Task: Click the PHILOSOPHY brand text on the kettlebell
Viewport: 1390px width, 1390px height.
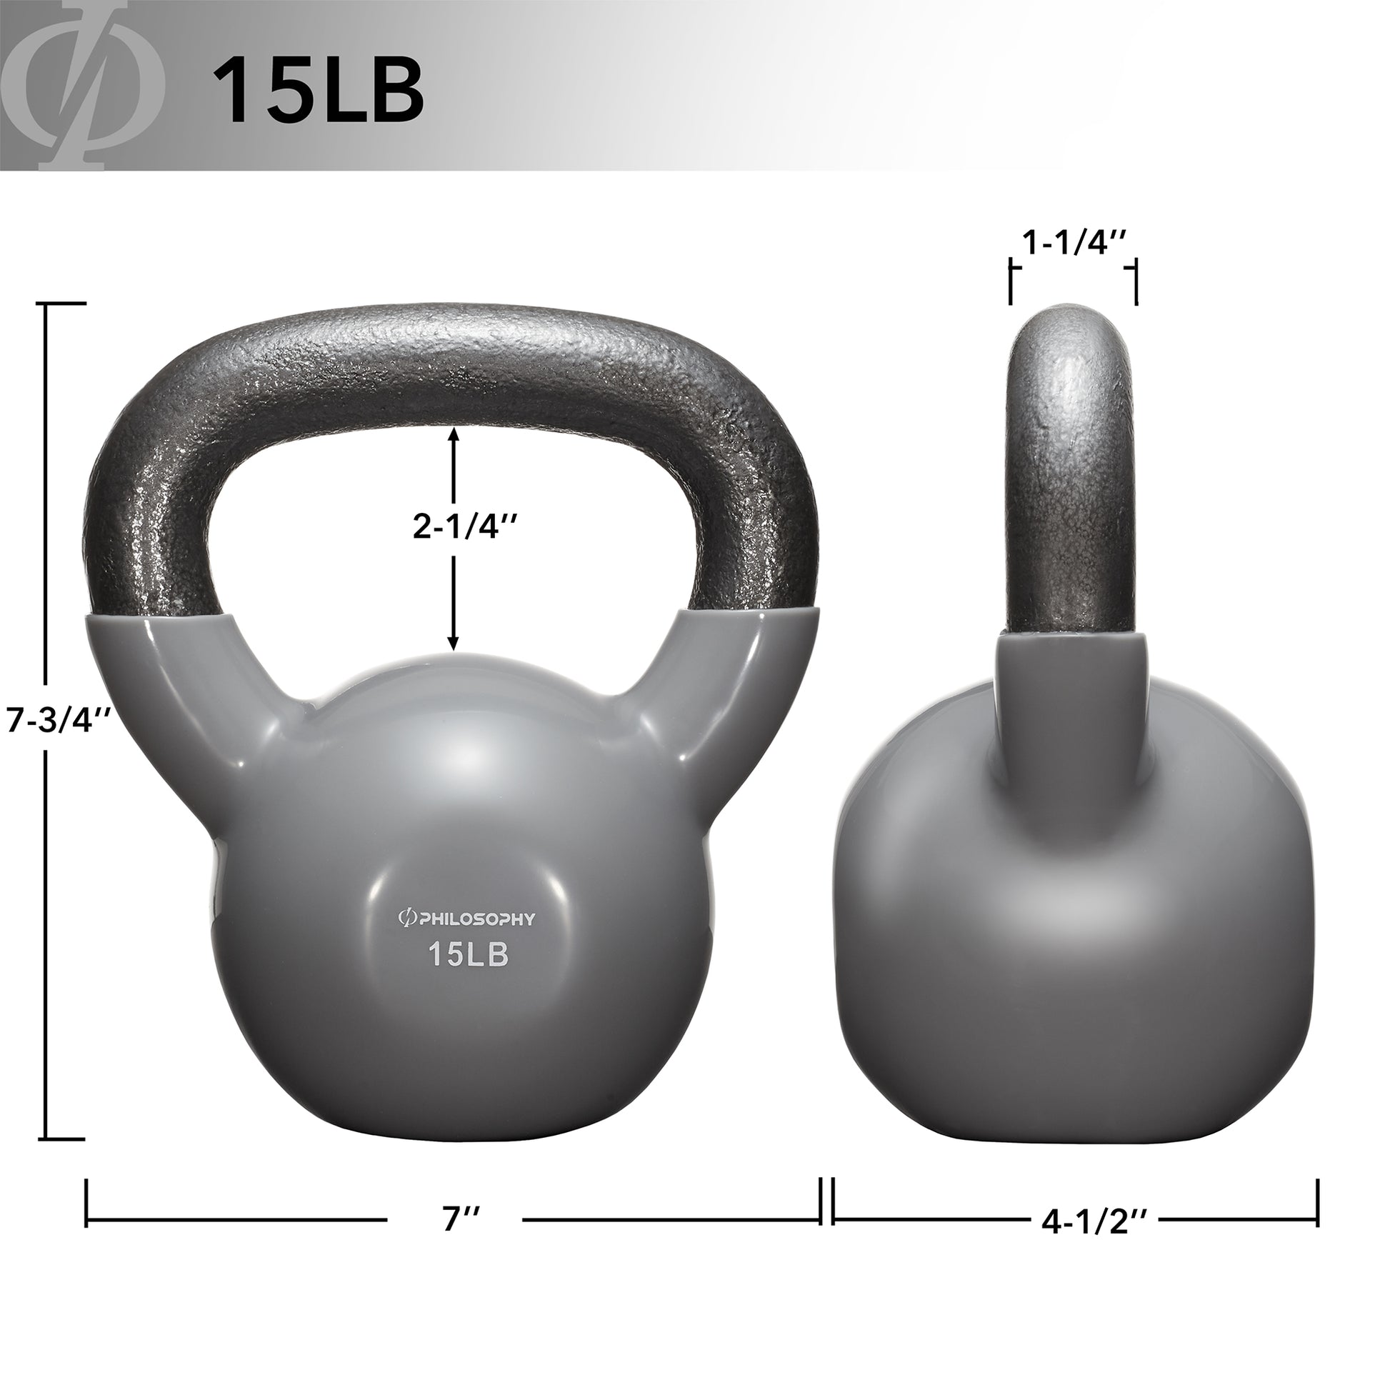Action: click(474, 919)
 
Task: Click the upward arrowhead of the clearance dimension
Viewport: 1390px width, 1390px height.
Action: click(454, 435)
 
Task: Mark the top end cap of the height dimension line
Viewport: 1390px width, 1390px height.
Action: click(65, 304)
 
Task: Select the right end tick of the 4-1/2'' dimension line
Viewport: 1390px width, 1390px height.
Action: click(1316, 1202)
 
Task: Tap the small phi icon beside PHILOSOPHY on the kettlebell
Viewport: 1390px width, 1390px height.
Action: click(405, 919)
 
